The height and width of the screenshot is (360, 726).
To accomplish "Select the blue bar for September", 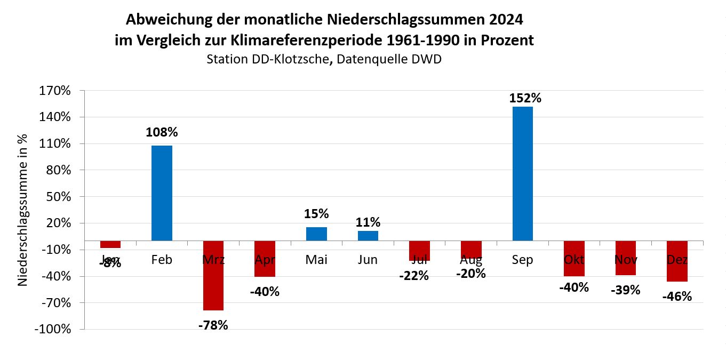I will [x=522, y=174].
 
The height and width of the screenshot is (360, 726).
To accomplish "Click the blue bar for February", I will [x=162, y=193].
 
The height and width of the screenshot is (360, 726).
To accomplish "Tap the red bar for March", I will [x=213, y=275].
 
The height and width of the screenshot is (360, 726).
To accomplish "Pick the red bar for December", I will [x=677, y=261].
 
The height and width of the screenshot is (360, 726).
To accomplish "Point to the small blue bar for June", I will [x=368, y=236].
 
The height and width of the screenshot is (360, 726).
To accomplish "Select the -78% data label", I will [x=213, y=325].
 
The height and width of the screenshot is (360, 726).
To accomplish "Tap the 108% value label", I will [x=162, y=132].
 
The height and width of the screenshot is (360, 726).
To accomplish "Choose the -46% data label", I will [x=677, y=297].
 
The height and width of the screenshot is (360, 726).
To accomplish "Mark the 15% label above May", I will [x=317, y=214].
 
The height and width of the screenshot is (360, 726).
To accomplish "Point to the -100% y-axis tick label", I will [x=52, y=329].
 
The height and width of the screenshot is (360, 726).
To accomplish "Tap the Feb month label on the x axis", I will [x=162, y=260].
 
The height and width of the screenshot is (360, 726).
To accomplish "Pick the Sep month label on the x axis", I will [x=522, y=260].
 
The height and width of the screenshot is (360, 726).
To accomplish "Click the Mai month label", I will [x=316, y=260].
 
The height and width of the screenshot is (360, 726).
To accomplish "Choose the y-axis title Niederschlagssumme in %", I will [x=23, y=210].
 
